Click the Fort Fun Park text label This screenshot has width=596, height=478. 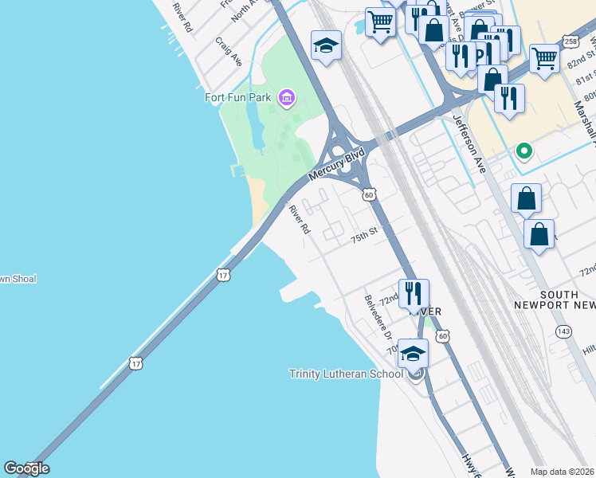pos(238,99)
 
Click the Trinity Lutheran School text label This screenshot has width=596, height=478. pos(347,374)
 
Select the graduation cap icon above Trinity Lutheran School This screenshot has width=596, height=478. pos(413,352)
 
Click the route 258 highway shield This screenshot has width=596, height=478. pos(570,41)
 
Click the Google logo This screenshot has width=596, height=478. pos(26,468)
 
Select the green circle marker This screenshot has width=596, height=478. pos(523,150)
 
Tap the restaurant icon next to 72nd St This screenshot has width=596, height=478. pos(413,293)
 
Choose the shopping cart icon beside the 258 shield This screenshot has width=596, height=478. pos(544,57)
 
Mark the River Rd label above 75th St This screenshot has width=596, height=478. pos(300,220)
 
